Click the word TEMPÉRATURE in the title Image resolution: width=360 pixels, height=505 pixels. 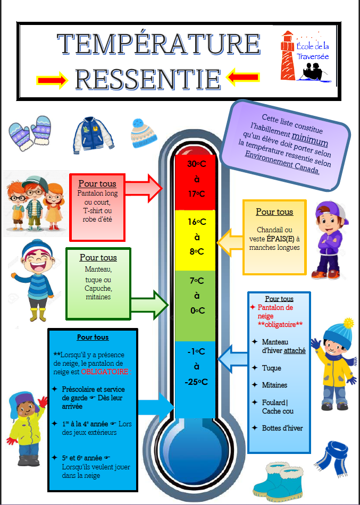[x=158, y=44]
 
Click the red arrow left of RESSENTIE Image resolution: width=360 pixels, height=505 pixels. [x=52, y=80]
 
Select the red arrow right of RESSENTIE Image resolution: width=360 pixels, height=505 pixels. [x=242, y=77]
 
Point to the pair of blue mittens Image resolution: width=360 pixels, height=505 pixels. [x=30, y=133]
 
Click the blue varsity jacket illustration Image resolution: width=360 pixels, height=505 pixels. [x=94, y=135]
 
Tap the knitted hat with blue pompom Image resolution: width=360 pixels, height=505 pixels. [x=144, y=133]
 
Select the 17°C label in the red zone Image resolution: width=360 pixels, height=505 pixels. [x=197, y=194]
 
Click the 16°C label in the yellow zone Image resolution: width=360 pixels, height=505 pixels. [x=197, y=222]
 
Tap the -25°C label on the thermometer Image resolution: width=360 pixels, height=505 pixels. [x=196, y=382]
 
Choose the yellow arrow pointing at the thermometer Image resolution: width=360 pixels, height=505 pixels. [x=230, y=242]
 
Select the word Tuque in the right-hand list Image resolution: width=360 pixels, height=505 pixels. [x=271, y=368]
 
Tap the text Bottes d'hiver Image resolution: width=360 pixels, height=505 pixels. [x=282, y=428]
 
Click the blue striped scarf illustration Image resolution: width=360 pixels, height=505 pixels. [x=331, y=459]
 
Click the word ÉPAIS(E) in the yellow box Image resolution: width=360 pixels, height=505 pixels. [x=279, y=239]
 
